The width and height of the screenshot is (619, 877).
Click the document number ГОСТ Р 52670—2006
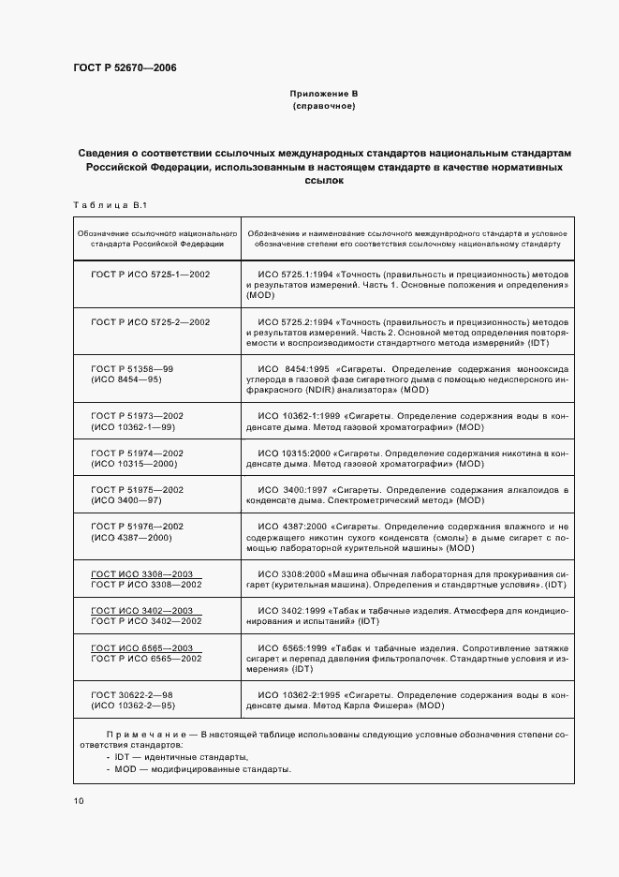[x=125, y=67]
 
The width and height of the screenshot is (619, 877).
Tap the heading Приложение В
[x=324, y=95]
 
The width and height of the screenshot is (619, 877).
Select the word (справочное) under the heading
[x=324, y=108]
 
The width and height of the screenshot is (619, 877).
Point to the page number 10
[x=78, y=800]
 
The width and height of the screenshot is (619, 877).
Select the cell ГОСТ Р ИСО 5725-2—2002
[x=151, y=321]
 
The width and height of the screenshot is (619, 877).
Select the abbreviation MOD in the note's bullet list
[x=126, y=769]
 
